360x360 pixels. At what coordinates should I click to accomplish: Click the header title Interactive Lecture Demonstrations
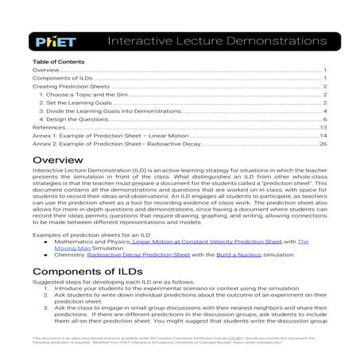215,40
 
